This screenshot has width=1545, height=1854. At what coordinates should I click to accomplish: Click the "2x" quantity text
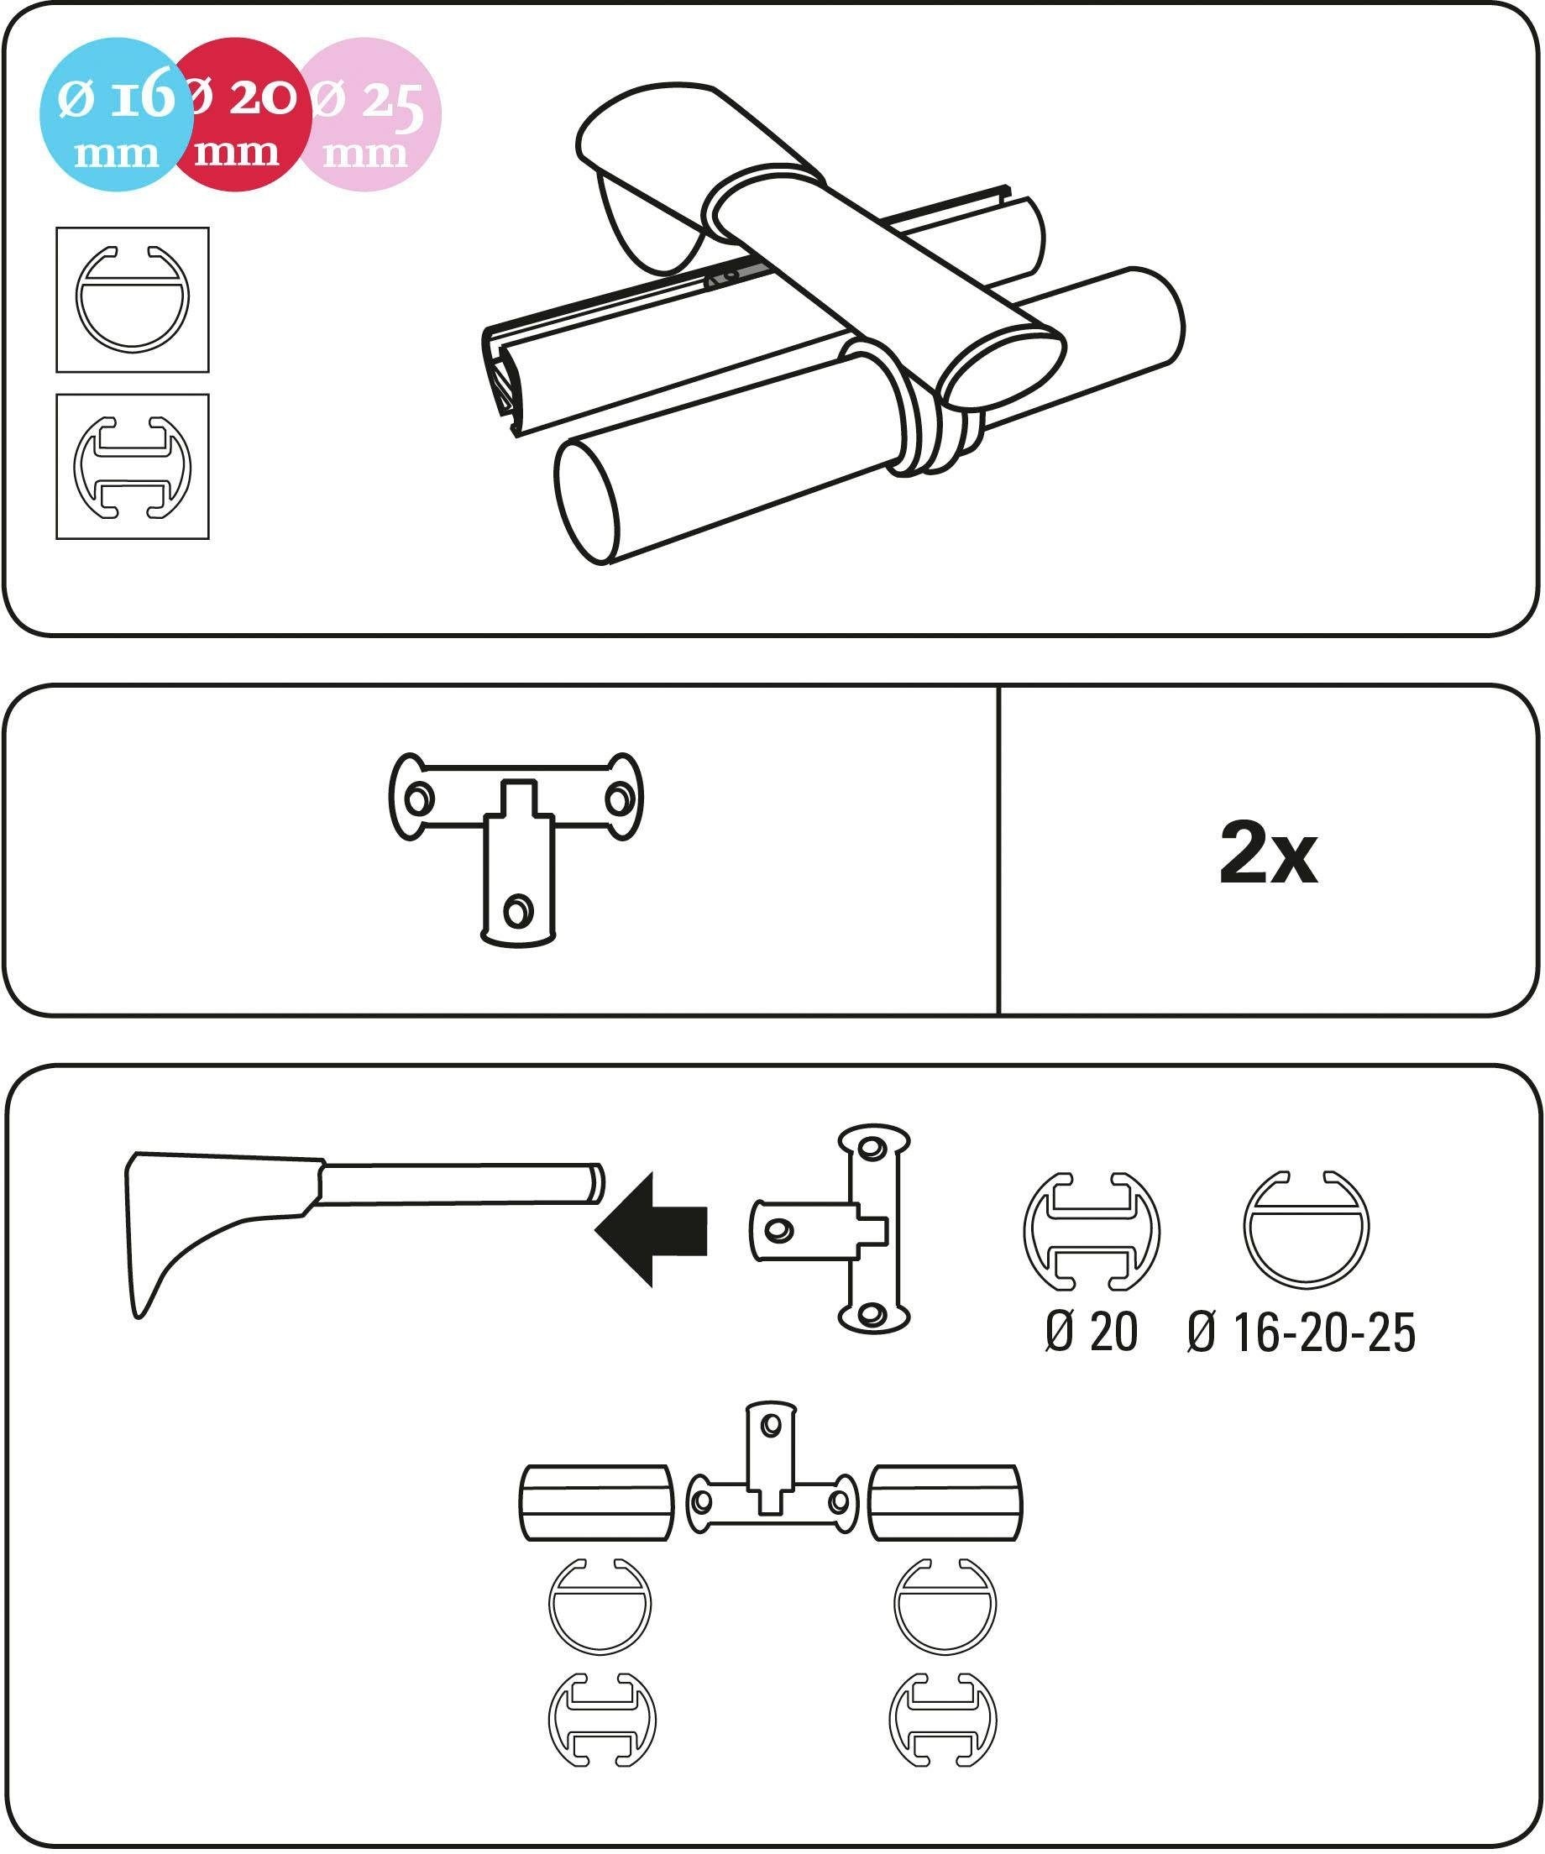click(1268, 854)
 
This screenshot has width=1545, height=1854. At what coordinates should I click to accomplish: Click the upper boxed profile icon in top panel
click(133, 299)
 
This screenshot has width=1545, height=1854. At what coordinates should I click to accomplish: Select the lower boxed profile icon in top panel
click(133, 466)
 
